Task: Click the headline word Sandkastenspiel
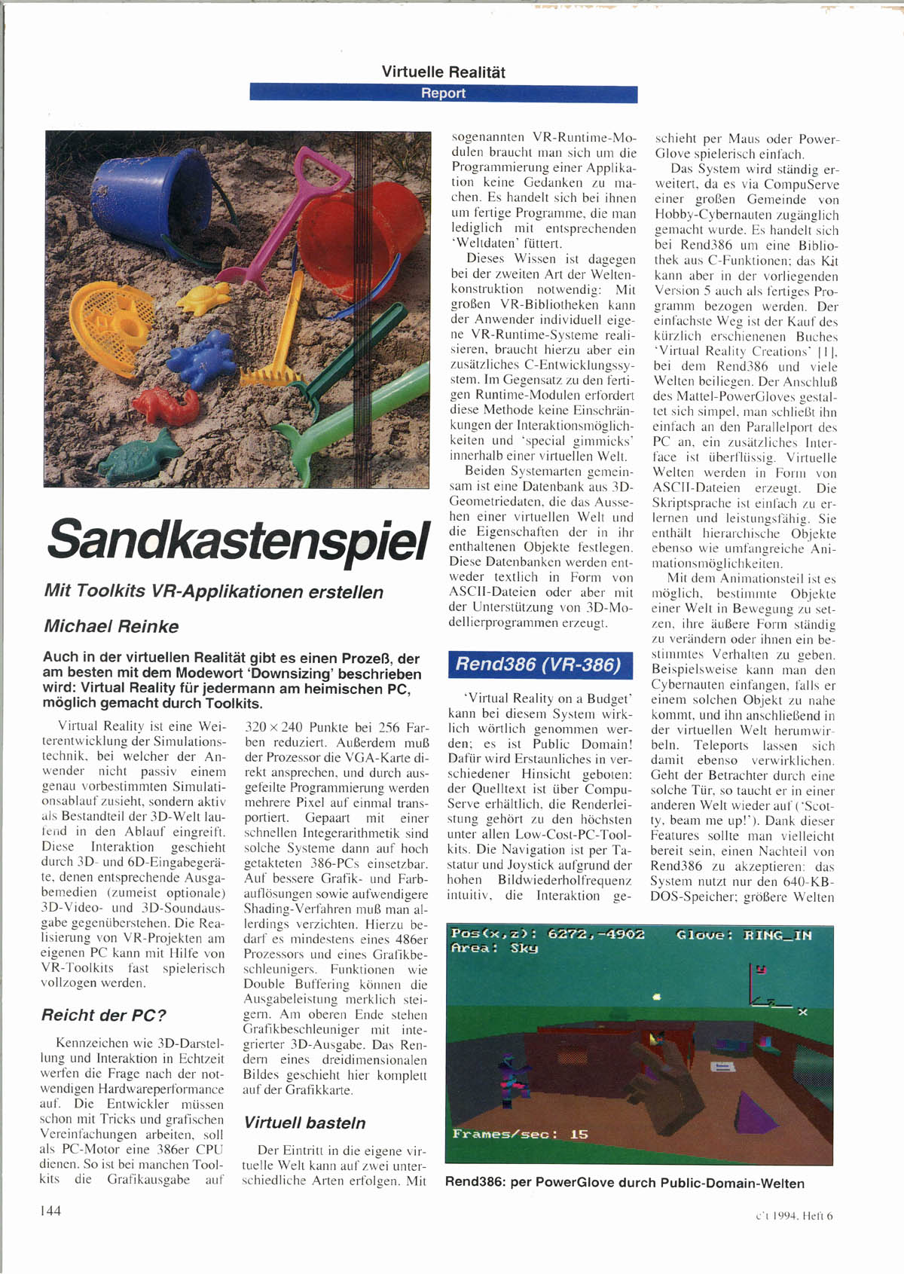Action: [237, 539]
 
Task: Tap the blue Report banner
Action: [443, 93]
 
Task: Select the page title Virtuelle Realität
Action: [443, 72]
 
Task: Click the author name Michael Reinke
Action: [111, 626]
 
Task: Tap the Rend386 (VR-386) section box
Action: [539, 664]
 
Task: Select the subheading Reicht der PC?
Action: [103, 1015]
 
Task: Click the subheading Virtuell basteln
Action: [304, 1123]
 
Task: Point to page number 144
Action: [50, 1210]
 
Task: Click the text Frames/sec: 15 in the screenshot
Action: [520, 1134]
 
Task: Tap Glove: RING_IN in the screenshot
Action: [744, 935]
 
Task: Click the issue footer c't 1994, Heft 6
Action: [794, 1214]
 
